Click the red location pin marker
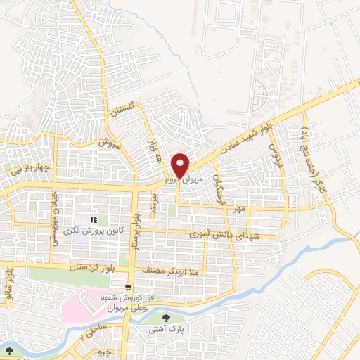pos(181,166)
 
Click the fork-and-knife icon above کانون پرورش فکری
pos(94,220)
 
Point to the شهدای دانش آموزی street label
pos(224,235)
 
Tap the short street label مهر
pos(240,209)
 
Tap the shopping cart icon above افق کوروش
pos(127,287)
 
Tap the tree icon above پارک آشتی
pos(167,317)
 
